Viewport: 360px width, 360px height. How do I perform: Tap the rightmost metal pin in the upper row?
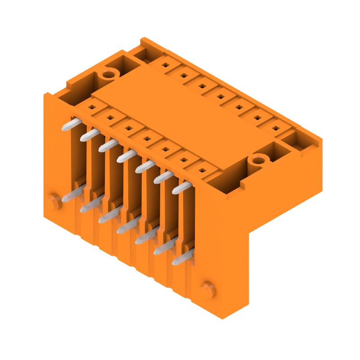click(x=180, y=188)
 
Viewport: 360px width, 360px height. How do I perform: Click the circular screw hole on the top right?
click(x=258, y=160)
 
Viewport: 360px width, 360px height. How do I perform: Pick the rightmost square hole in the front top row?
click(x=202, y=171)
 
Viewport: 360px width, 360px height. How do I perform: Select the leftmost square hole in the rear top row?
click(x=166, y=66)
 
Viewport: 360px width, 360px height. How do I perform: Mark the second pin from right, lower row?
click(x=162, y=248)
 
